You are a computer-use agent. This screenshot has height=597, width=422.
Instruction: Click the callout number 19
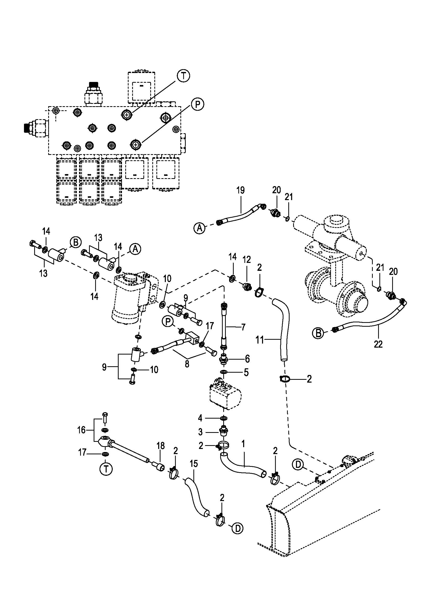[241, 190]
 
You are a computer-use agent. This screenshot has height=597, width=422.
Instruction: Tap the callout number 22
[378, 344]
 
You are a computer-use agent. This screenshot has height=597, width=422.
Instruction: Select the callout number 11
[260, 340]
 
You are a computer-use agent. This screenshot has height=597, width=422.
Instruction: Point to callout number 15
[194, 464]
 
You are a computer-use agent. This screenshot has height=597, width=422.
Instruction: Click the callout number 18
[160, 446]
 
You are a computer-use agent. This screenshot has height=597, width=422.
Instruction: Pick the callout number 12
[247, 259]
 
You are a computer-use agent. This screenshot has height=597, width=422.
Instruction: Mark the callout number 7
[243, 327]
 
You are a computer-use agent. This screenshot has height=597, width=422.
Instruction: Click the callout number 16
[81, 430]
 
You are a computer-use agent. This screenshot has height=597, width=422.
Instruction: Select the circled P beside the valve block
[197, 104]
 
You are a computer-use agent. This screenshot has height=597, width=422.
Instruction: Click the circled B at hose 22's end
[319, 333]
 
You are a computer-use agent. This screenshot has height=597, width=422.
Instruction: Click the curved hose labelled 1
[242, 466]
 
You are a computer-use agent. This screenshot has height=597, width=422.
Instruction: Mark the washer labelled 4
[223, 418]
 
